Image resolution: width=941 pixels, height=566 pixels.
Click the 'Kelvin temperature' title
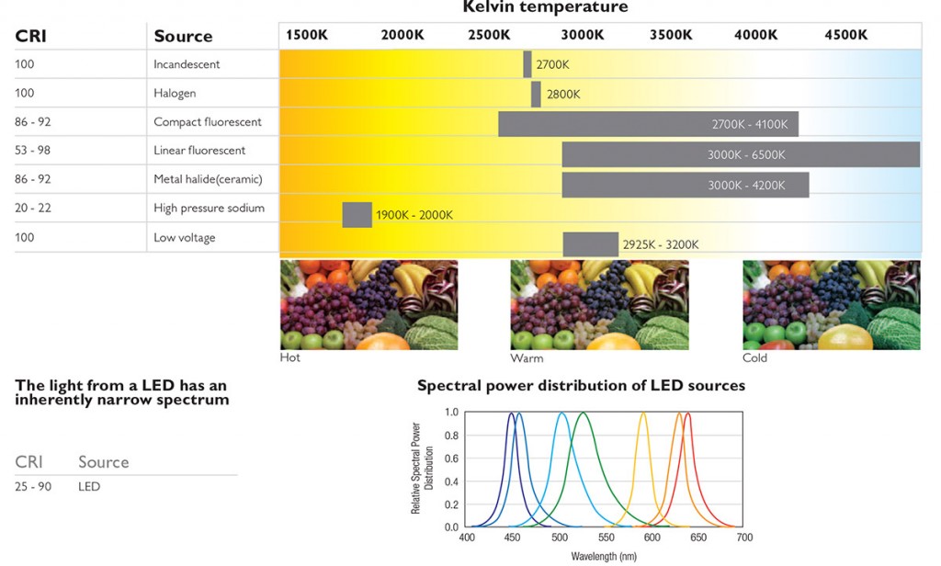point(545,7)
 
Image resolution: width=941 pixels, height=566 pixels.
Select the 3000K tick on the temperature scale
point(583,35)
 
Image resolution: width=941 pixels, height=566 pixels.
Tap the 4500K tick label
point(845,35)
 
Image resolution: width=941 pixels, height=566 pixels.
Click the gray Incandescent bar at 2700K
point(527,64)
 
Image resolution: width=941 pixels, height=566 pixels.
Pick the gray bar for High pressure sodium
point(357,214)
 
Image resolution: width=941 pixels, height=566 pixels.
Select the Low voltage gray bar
point(590,244)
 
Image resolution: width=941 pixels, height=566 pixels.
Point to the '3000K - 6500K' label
point(746,155)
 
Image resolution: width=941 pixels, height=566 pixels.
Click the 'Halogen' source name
point(175,93)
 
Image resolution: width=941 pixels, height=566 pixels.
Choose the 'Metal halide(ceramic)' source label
point(208,179)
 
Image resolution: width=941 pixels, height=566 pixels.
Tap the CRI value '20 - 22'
point(33,208)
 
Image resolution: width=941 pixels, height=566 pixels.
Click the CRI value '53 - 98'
point(33,150)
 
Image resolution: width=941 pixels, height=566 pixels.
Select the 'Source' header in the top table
point(183,36)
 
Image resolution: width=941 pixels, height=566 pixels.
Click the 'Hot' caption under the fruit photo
point(289,357)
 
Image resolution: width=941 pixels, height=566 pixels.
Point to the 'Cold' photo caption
point(754,357)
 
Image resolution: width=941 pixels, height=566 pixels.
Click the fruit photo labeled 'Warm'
point(599,304)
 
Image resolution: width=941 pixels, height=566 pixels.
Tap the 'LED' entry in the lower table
point(89,486)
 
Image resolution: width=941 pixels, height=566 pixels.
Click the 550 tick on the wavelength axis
point(606,538)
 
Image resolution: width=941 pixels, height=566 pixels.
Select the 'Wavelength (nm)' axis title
point(604,556)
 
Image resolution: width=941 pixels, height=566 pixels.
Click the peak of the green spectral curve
point(583,413)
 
